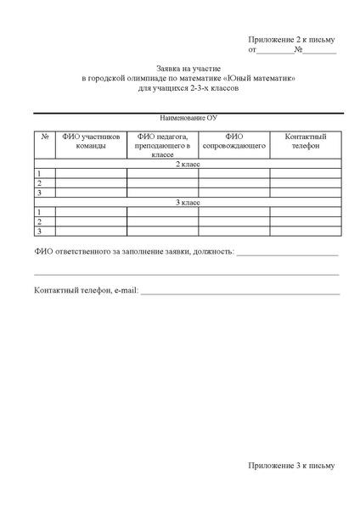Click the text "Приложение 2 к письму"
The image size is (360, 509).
292,40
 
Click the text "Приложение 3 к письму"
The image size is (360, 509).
292,465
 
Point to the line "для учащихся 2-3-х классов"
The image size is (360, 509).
188,87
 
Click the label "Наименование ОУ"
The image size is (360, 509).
188,120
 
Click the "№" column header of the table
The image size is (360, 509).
44,136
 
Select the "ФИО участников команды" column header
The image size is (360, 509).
91,141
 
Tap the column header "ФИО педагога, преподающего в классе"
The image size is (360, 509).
162,145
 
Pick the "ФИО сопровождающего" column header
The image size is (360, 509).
234,141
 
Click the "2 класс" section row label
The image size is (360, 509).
188,164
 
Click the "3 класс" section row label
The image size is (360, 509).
188,202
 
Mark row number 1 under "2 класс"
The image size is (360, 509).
40,173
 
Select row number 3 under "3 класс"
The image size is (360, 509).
40,231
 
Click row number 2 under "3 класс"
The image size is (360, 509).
40,221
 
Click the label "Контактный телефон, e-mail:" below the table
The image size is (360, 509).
85,291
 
